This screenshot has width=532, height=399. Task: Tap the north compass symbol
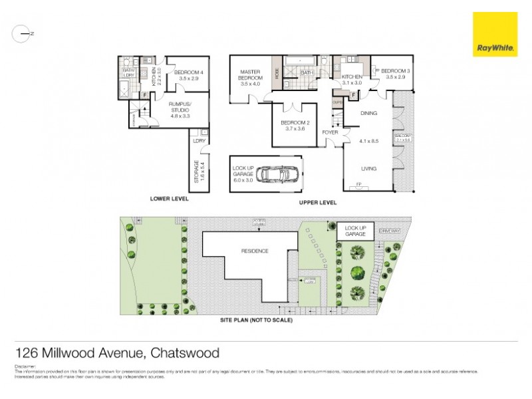(x=23, y=33)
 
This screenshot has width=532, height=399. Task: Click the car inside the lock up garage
(x=274, y=174)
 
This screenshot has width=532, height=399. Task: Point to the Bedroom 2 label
(x=295, y=126)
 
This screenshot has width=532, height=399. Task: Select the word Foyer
(x=331, y=132)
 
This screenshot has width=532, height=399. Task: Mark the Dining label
(x=368, y=114)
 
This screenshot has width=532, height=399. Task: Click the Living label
(x=368, y=169)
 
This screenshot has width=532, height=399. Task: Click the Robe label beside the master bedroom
(x=277, y=74)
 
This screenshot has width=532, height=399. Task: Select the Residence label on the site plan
(x=255, y=251)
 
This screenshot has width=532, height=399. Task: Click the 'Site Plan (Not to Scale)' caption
(x=256, y=320)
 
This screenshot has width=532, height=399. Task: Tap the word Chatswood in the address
(x=185, y=352)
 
